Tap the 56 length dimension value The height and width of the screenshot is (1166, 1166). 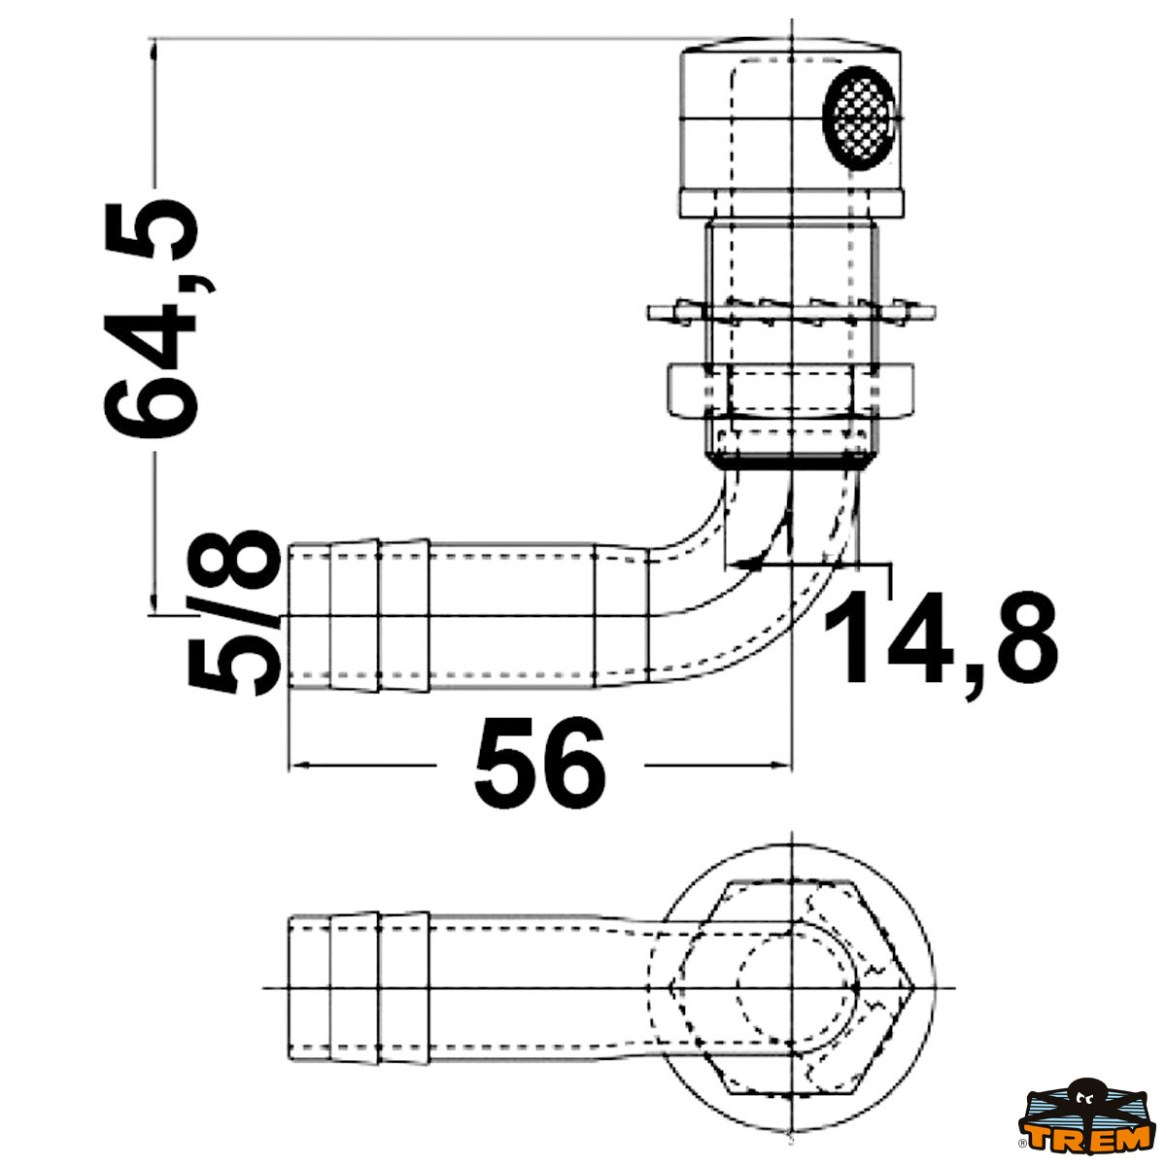tap(540, 765)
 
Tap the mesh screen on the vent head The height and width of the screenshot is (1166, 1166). tap(858, 117)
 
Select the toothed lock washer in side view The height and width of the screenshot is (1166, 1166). tap(792, 312)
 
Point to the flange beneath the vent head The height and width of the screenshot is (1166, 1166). tap(792, 202)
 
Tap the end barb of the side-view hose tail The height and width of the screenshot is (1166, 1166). tap(309, 616)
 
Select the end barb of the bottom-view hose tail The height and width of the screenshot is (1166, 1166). tap(309, 987)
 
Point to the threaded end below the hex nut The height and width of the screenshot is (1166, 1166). tap(792, 449)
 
